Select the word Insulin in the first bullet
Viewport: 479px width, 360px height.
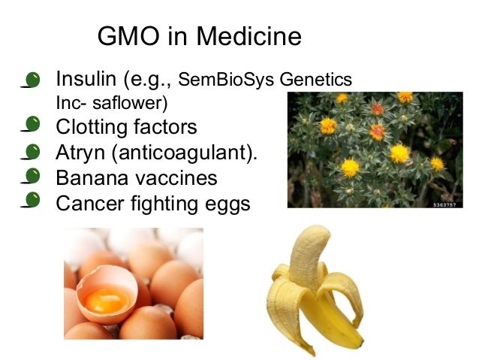tap(83, 78)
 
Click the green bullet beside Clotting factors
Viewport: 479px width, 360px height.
tap(32, 126)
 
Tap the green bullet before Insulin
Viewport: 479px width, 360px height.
tap(32, 78)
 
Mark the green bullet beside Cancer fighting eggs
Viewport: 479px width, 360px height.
tap(32, 201)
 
